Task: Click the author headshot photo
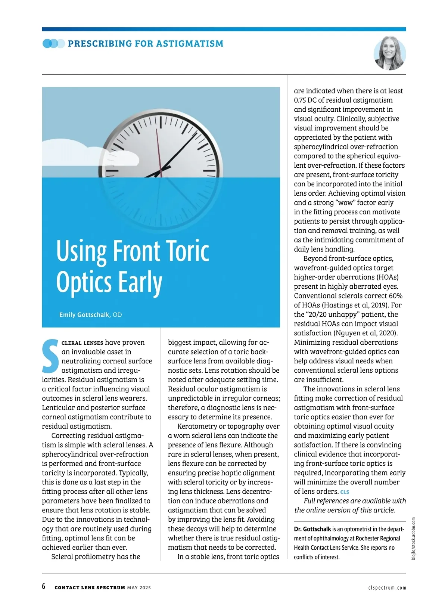(x=390, y=53)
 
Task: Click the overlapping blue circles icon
(x=53, y=44)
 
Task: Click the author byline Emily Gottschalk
(x=84, y=315)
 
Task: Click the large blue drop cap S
(x=50, y=356)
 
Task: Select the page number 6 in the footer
(x=44, y=586)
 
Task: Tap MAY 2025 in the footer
(x=139, y=587)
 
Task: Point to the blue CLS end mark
(x=345, y=492)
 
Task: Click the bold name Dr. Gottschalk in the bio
(x=312, y=529)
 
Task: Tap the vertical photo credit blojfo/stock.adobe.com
(x=413, y=538)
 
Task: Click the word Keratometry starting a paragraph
(x=197, y=426)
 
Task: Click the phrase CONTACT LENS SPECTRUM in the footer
(x=90, y=587)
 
